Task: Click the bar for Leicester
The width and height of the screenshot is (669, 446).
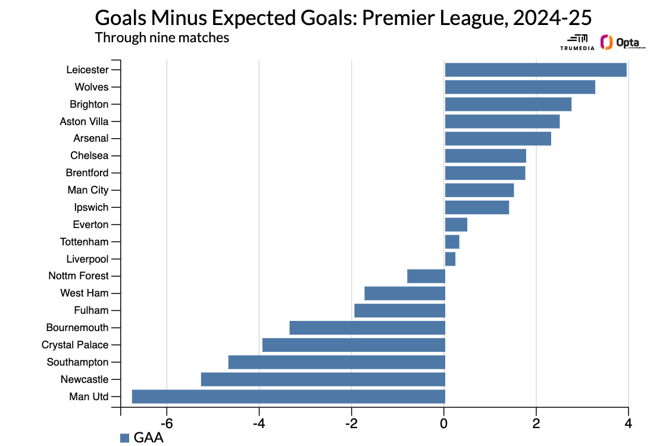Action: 536,70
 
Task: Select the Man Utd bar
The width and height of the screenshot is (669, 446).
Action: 288,397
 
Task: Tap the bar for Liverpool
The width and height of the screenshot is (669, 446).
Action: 450,259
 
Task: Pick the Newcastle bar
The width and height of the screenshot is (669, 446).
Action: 323,379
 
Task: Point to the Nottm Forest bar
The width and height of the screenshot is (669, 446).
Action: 426,276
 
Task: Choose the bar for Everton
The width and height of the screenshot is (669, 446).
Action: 456,224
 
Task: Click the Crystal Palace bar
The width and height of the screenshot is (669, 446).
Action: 354,345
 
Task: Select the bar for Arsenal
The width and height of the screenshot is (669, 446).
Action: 498,139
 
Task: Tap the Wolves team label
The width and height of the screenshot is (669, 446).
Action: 92,87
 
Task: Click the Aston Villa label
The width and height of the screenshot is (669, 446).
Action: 84,121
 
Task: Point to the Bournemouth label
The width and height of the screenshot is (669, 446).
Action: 77,328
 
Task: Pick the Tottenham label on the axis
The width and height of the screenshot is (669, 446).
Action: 84,242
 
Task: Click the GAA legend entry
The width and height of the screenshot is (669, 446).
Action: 142,438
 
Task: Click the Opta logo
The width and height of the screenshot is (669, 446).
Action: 623,43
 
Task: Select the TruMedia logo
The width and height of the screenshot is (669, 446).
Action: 577,42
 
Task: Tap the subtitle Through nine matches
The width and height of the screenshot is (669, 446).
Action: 162,38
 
